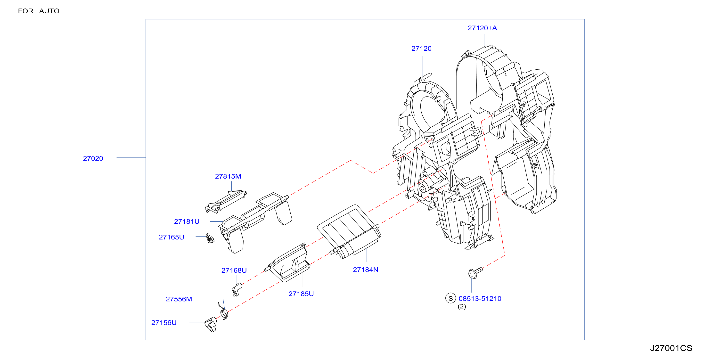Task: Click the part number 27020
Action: (x=93, y=158)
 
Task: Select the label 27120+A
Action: (x=483, y=28)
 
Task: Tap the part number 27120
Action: (x=421, y=49)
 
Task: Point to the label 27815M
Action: (x=228, y=176)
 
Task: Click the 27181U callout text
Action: (x=187, y=221)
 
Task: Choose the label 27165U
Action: (x=171, y=237)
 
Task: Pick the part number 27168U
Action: (x=234, y=270)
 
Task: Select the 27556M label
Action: (x=179, y=299)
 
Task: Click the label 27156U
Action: (x=164, y=323)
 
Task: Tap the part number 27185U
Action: (x=301, y=294)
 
